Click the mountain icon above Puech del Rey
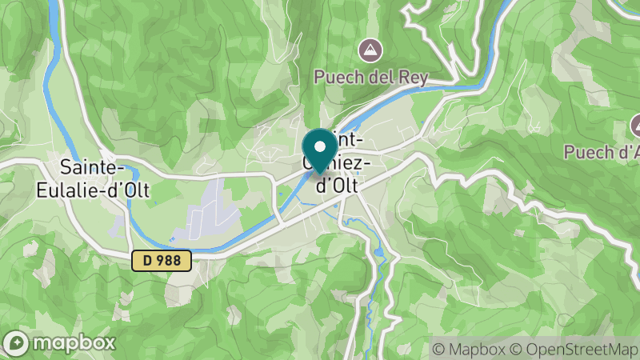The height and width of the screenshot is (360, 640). coord(370,50)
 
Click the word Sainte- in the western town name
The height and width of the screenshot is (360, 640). coord(92,168)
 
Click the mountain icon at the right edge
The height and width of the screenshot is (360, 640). coord(637,125)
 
